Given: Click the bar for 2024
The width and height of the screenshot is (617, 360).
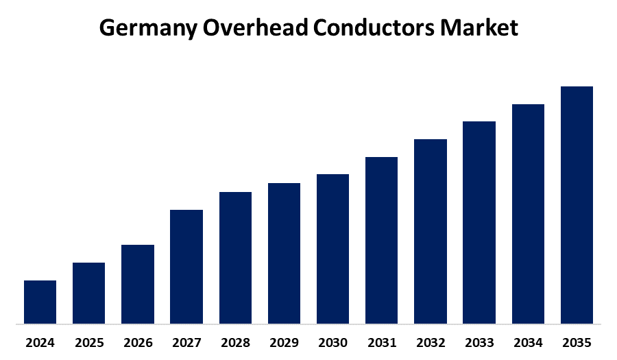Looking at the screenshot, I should (x=40, y=302).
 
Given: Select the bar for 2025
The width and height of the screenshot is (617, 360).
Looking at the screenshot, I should (x=88, y=293).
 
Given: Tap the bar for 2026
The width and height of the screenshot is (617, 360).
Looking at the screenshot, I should (x=137, y=284).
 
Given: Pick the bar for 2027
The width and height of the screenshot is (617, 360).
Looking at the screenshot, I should (x=186, y=266).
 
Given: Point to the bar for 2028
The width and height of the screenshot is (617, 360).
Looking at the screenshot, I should (x=235, y=257).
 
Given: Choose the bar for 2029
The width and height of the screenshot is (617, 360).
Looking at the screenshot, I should (x=284, y=253).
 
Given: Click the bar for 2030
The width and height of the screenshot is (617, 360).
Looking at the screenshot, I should (x=332, y=248).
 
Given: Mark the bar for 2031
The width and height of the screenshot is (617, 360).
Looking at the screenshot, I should (x=381, y=240).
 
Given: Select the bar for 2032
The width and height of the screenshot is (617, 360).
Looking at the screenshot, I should (x=431, y=231).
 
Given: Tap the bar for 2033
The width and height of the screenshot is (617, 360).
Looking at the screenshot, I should (x=479, y=222).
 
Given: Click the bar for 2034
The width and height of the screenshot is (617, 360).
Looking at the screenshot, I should (x=528, y=213).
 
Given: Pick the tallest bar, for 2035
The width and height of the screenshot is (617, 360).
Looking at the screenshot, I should (x=577, y=204).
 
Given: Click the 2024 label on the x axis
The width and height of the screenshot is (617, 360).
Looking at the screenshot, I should (x=40, y=341).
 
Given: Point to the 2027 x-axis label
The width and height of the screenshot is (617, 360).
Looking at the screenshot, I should (x=186, y=341).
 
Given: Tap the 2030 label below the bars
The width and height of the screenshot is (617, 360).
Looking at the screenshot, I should (x=332, y=341).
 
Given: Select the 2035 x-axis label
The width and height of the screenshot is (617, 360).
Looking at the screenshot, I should (x=577, y=341).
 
